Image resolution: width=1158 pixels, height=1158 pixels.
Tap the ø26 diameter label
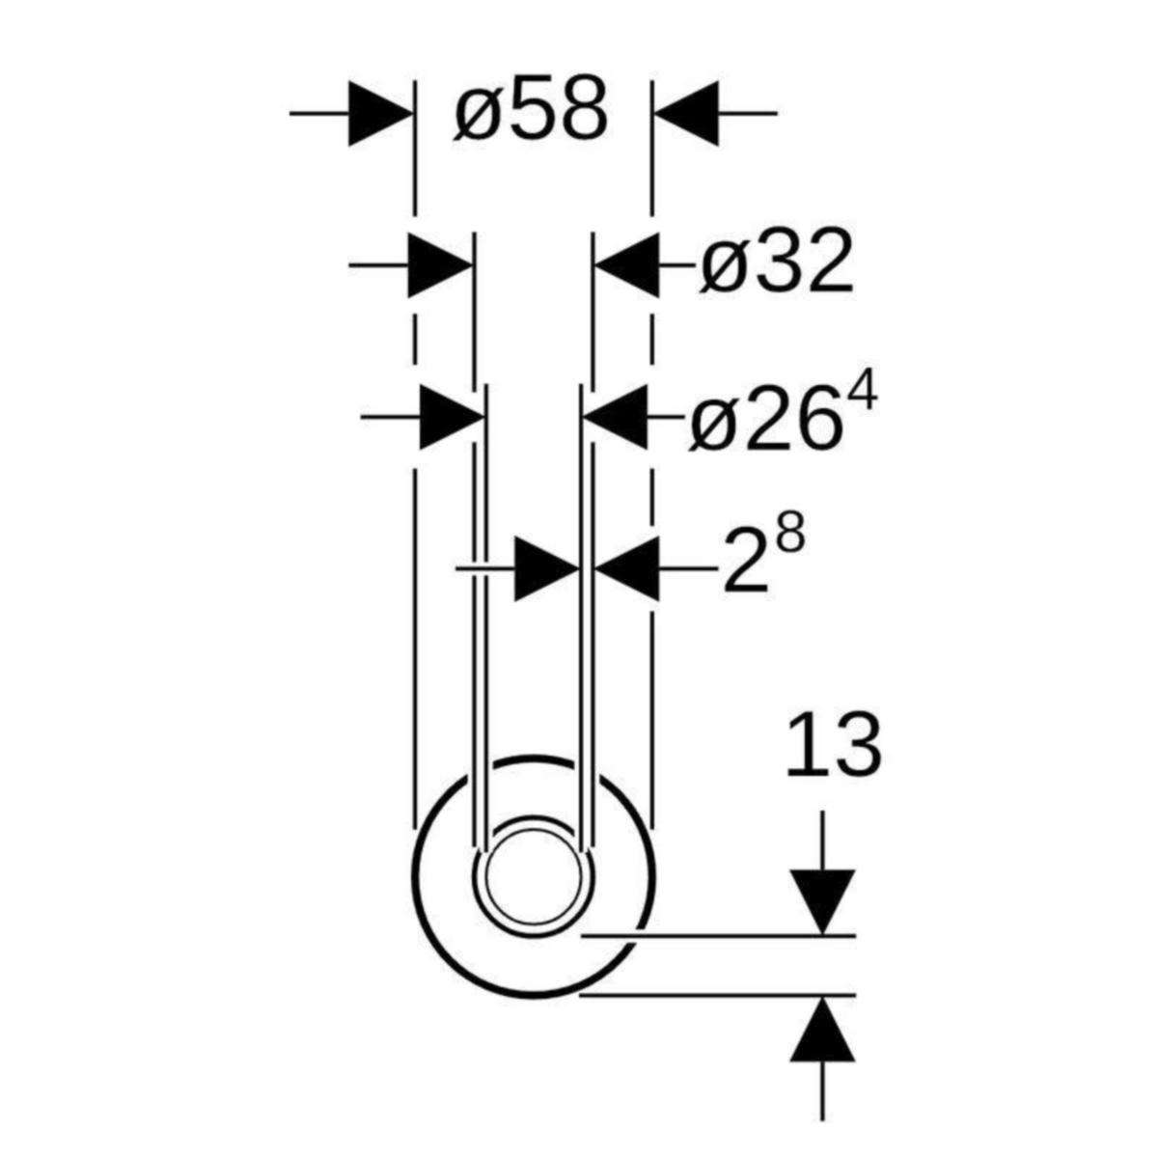point(764,417)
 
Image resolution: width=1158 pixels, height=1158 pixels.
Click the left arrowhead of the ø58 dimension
point(381,113)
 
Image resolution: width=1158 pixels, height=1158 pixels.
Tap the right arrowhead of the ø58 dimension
point(686,113)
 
